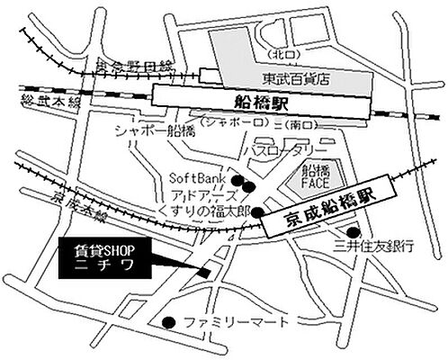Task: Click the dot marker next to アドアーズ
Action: click(x=251, y=188)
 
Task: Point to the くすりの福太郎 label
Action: click(x=202, y=211)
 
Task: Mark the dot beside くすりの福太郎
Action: click(x=258, y=212)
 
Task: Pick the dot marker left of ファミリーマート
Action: click(x=168, y=322)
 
